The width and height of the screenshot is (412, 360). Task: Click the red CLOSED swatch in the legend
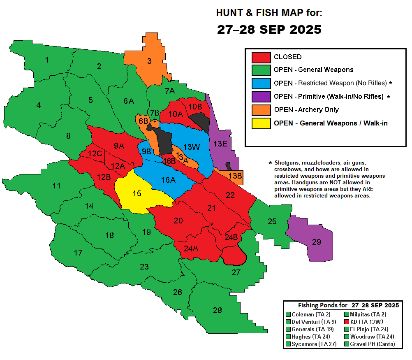(261, 57)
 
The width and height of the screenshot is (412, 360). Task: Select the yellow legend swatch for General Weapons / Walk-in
(261, 123)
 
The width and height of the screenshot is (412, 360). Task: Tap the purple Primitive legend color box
(261, 96)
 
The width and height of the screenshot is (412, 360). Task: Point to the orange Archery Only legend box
(261, 109)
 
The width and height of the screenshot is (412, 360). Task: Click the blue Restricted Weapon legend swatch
(261, 83)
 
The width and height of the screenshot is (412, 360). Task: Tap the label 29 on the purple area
(316, 242)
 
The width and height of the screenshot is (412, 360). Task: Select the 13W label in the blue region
(192, 147)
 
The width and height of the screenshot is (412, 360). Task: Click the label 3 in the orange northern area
(149, 61)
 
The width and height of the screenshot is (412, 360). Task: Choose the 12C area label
(95, 154)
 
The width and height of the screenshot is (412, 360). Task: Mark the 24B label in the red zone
(231, 237)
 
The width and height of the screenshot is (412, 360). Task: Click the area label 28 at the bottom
(217, 310)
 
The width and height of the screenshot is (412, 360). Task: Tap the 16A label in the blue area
(168, 180)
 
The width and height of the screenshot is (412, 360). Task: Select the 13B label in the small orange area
(235, 176)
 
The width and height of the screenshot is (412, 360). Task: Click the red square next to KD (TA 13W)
(346, 322)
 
